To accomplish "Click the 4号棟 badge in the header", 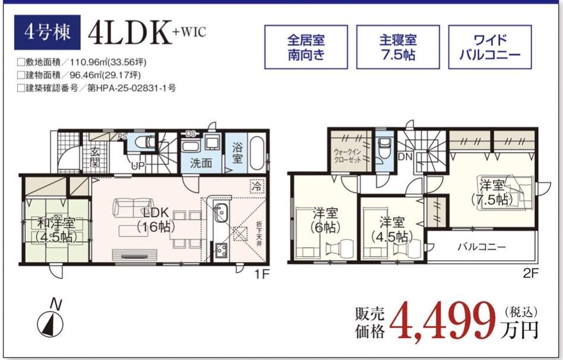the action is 47,32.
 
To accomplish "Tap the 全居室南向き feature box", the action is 306,47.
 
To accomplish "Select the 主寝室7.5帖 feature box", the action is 398,47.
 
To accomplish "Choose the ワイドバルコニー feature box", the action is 490,47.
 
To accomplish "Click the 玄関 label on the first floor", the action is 95,157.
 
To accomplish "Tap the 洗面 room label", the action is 201,163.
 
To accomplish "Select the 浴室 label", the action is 237,153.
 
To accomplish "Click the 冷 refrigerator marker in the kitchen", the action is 257,186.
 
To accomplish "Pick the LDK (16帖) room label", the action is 156,219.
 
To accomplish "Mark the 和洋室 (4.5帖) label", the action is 56,230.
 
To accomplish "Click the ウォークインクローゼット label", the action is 347,156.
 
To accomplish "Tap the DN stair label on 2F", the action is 406,157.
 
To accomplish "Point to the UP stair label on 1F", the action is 138,166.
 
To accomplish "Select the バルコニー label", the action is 482,247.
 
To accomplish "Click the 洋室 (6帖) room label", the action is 325,220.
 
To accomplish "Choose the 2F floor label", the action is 531,274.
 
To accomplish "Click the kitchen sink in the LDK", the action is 220,213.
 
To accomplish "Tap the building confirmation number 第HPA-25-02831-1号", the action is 132,88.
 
